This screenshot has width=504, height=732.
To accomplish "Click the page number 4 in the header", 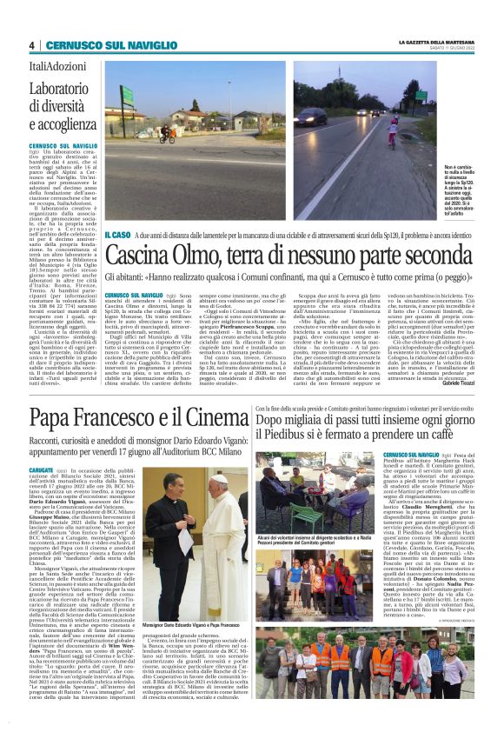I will (x=31, y=45).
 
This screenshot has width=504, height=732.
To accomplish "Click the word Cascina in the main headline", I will (x=151, y=257).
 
